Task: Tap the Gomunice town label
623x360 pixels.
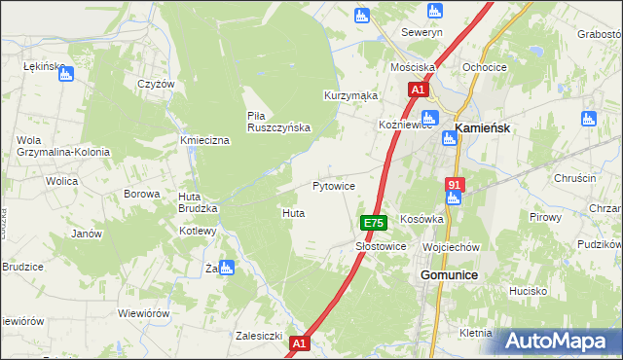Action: coord(448,275)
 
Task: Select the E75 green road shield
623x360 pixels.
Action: coord(375,223)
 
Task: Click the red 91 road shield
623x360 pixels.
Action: coord(455,184)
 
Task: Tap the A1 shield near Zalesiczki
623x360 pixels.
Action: coord(300,343)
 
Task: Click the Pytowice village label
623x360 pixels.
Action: coord(333,185)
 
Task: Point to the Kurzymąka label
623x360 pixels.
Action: coord(350,96)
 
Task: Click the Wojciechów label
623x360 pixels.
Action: coord(452,247)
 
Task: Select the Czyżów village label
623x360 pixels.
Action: coord(156,84)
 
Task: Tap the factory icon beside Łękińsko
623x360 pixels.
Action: coord(67,72)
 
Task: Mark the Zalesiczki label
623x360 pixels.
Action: coord(259,336)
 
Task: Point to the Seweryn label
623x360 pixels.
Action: coord(422,31)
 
